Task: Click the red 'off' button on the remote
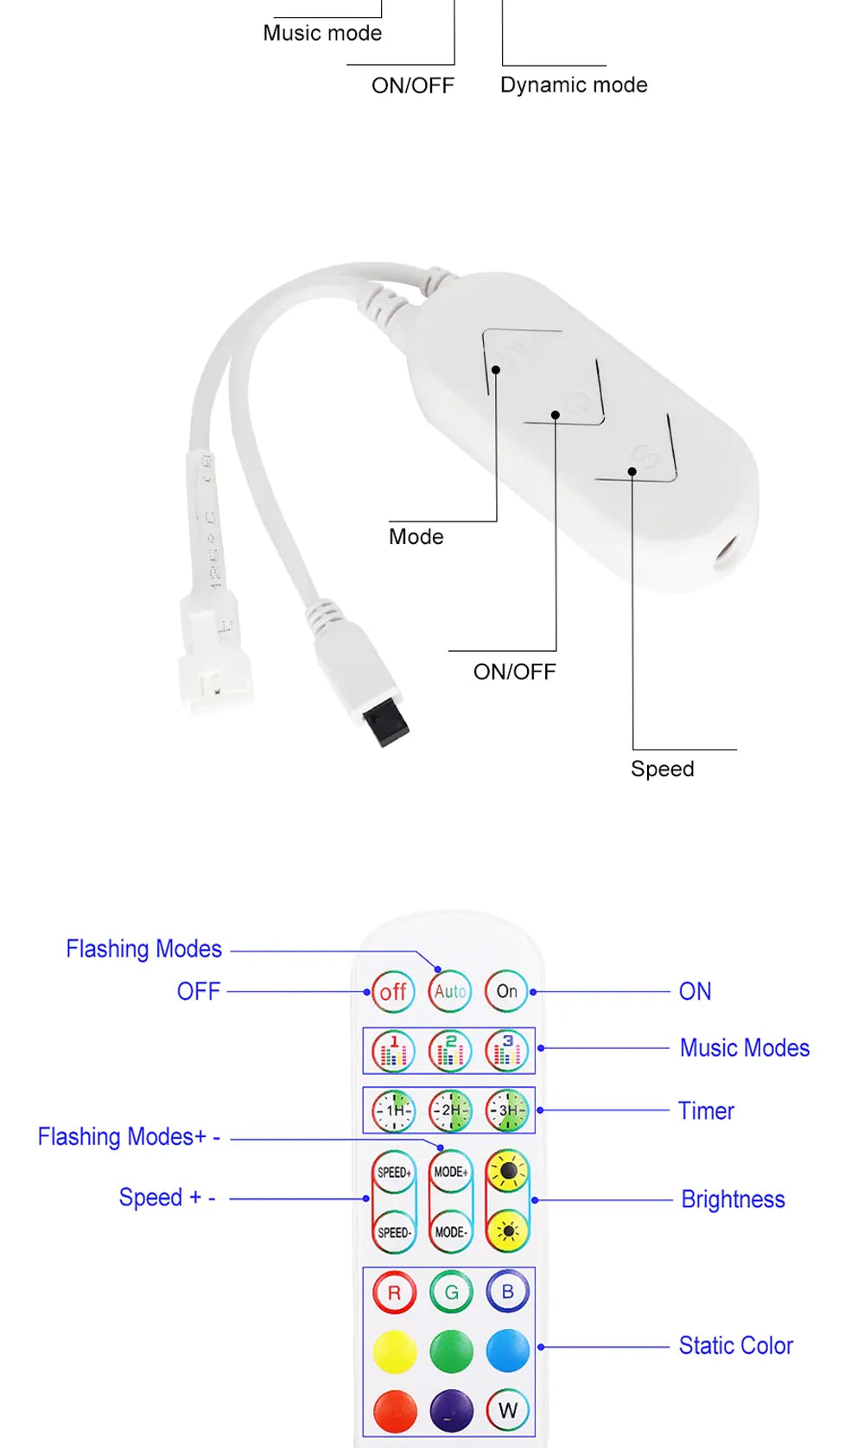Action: click(x=393, y=991)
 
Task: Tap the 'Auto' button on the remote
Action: click(x=450, y=991)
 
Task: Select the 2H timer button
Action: click(x=450, y=1110)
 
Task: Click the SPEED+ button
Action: click(x=394, y=1173)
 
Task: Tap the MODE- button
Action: click(x=450, y=1232)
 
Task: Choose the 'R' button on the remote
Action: click(x=394, y=1293)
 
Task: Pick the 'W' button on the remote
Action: click(x=507, y=1410)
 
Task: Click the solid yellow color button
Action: click(x=394, y=1351)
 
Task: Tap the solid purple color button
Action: click(x=451, y=1410)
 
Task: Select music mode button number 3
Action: click(x=507, y=1051)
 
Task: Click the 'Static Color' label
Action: click(x=735, y=1345)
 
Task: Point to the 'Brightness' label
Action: click(x=733, y=1199)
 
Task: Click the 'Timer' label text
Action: click(x=706, y=1110)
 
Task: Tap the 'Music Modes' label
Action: click(x=745, y=1048)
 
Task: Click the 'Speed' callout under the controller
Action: click(x=662, y=768)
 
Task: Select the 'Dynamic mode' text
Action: click(x=574, y=85)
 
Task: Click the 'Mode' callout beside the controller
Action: click(x=416, y=536)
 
